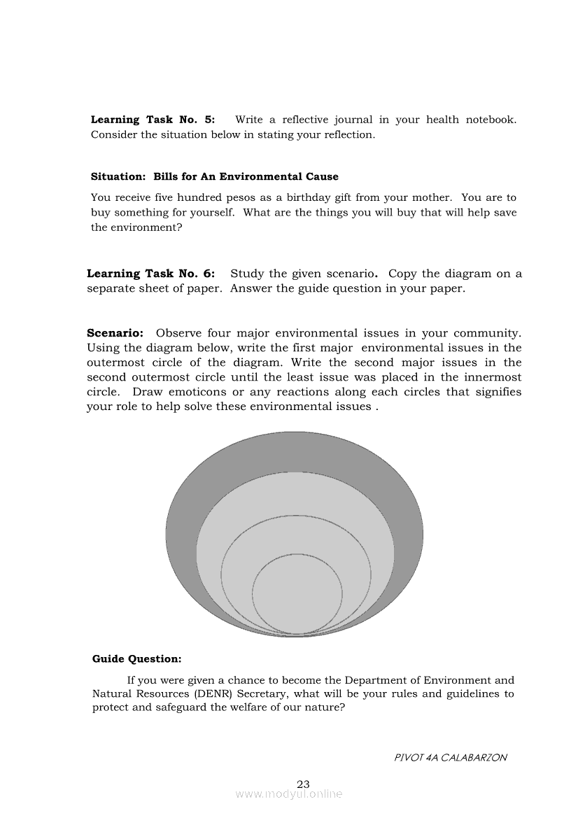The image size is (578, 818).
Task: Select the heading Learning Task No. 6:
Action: coord(150,274)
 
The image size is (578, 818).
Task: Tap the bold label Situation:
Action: coord(119,177)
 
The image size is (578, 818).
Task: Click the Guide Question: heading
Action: coord(136,658)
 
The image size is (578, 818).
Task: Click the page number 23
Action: coord(303,784)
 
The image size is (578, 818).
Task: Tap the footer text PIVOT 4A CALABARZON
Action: coord(451,757)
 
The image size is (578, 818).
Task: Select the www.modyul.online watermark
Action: coord(289,794)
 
